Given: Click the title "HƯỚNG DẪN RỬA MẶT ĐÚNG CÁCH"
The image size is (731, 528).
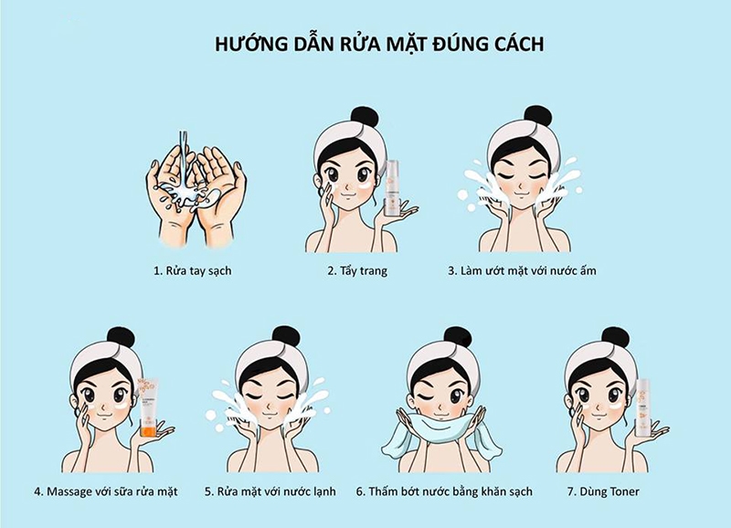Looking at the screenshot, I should pyautogui.click(x=365, y=44).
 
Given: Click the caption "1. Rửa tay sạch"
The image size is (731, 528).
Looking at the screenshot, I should pyautogui.click(x=192, y=271).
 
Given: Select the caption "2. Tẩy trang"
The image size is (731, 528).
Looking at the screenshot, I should pyautogui.click(x=357, y=271).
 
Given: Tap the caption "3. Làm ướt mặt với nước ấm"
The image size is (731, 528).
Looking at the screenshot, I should pyautogui.click(x=528, y=271).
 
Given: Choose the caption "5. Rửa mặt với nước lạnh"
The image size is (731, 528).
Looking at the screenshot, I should pyautogui.click(x=270, y=491).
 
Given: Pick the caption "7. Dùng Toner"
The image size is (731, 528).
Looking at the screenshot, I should pyautogui.click(x=603, y=491).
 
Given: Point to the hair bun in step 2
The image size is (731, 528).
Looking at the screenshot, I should pyautogui.click(x=365, y=117).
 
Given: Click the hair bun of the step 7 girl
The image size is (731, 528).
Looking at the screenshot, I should pyautogui.click(x=615, y=337).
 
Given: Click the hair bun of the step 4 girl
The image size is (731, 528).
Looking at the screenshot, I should pyautogui.click(x=121, y=337).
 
